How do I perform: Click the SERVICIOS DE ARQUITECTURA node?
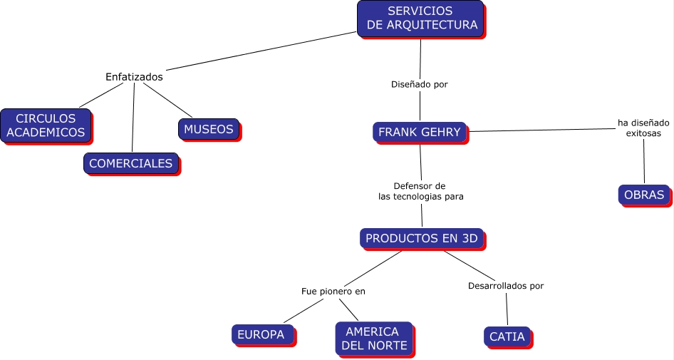coord(420,18)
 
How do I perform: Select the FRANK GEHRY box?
coord(420,132)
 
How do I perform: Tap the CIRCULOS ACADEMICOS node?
coord(46,125)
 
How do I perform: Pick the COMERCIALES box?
coord(130,163)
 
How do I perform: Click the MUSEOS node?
coord(208,129)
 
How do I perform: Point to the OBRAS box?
coord(643,195)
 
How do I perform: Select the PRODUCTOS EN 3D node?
coord(422,238)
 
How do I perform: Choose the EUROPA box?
coord(261,334)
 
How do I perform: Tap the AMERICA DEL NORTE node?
coord(373,339)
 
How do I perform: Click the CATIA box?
coord(507,336)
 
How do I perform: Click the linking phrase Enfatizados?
coord(134,77)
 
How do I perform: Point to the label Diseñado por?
coord(420,84)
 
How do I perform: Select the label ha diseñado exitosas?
coord(643,128)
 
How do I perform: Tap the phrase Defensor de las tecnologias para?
coord(420,191)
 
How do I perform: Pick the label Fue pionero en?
coord(333,291)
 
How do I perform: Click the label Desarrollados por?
coord(506,286)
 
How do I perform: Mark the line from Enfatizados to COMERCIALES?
coord(133,118)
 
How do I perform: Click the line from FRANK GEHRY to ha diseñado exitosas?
coord(541,130)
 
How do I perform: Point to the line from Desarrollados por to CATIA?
coord(507,309)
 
